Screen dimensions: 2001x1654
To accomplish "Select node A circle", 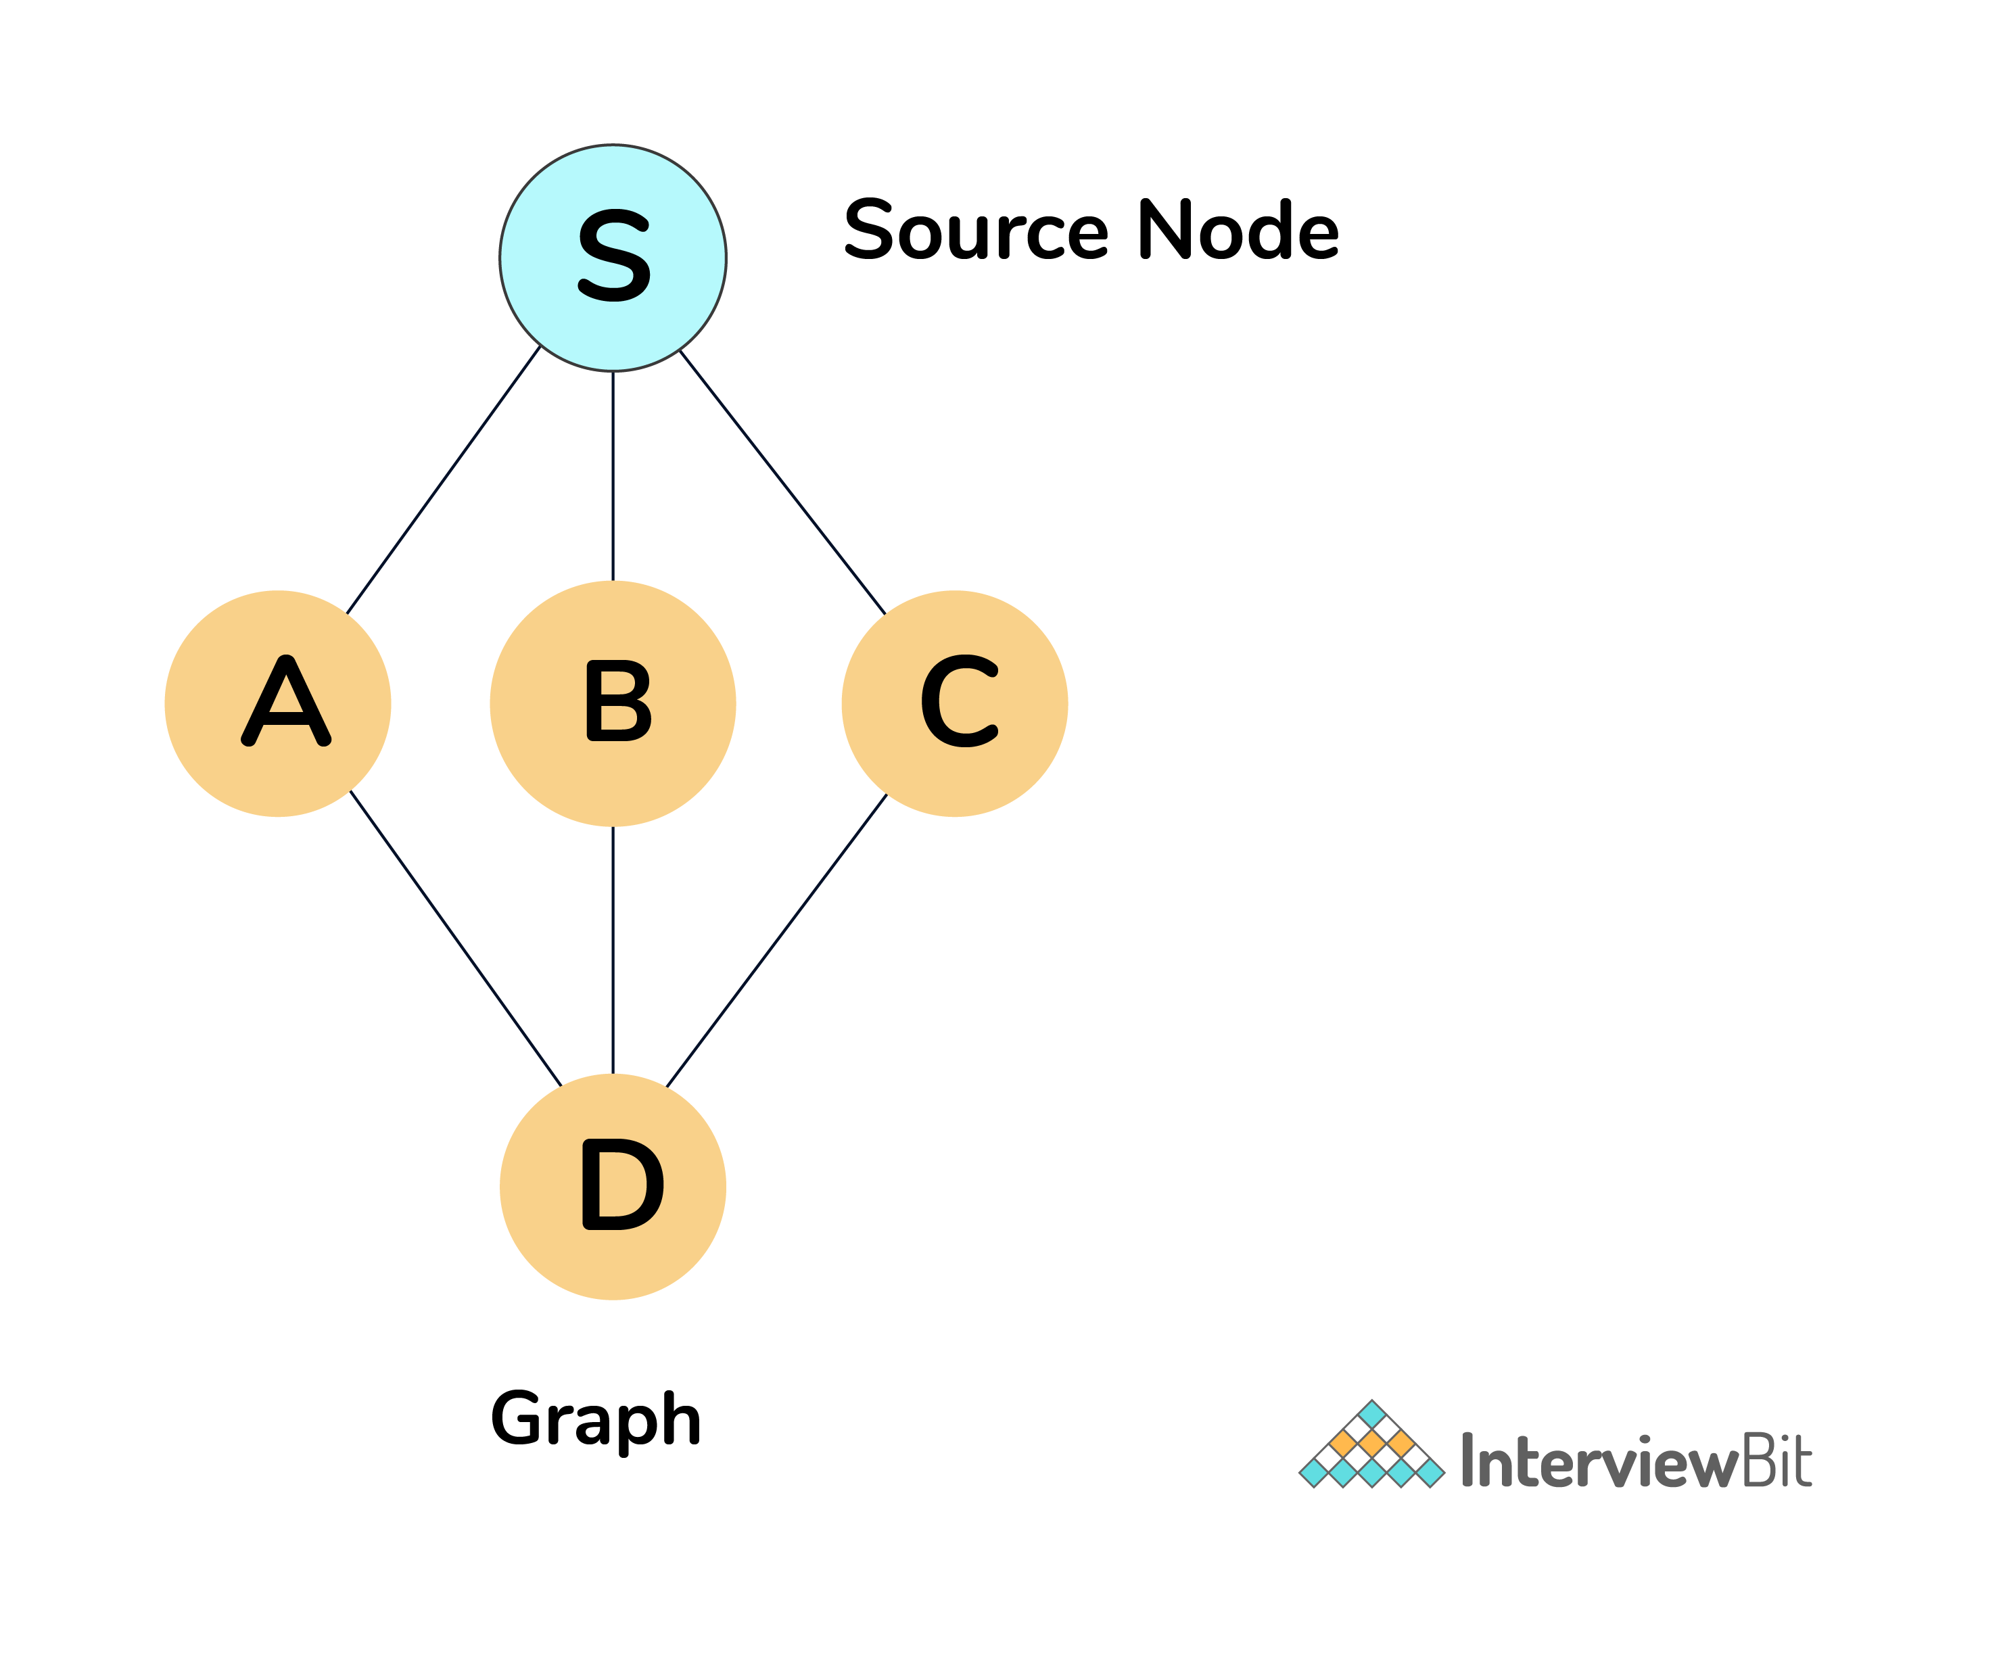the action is (277, 704).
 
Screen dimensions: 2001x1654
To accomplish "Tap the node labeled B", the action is (613, 704).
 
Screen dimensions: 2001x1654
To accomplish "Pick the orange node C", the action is (955, 704).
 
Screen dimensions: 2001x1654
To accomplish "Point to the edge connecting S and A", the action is (443, 480).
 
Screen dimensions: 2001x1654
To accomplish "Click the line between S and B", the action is (613, 476).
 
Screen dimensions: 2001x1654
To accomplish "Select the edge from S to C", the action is (782, 482).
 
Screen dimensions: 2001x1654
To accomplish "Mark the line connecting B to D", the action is (613, 950).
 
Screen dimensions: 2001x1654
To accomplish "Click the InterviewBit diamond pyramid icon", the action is (1372, 1444).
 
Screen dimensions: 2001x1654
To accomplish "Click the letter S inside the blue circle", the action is (615, 256).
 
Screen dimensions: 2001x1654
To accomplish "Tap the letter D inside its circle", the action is (622, 1184).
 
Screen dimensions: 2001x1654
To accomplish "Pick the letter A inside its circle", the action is (286, 701).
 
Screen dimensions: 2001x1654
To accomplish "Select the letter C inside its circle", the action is (960, 701).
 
